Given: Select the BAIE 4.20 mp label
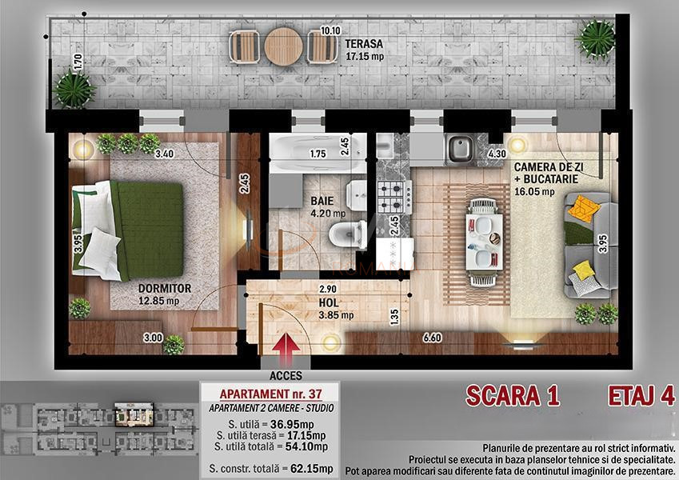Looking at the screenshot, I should [x=328, y=208].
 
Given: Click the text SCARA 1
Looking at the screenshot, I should [x=512, y=395].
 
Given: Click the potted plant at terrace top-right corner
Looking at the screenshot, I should [x=596, y=35].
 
